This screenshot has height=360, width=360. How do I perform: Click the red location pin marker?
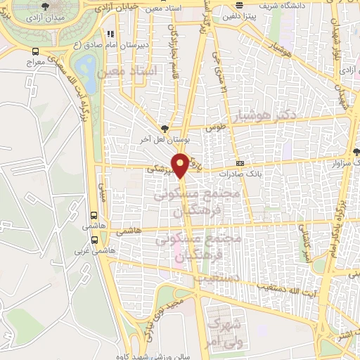coord(181,165)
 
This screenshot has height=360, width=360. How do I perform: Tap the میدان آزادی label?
coord(46,17)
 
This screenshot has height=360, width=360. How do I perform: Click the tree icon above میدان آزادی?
coord(46,6)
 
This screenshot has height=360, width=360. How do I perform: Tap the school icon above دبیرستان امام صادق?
coord(110,33)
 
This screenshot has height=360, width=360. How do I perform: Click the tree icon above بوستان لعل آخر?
coord(165,128)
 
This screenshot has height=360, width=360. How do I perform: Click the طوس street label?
coord(214,129)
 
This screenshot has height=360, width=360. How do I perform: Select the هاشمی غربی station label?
coord(95,250)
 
